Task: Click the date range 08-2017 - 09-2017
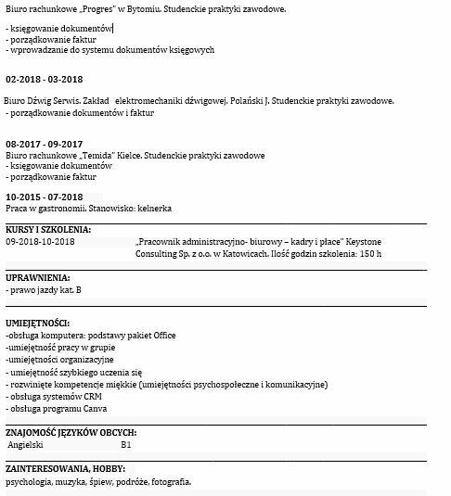[x=45, y=145]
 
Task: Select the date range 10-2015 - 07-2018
[x=45, y=197]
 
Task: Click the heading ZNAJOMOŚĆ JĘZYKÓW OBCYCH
[x=71, y=431]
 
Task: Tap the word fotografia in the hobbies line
[x=168, y=482]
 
